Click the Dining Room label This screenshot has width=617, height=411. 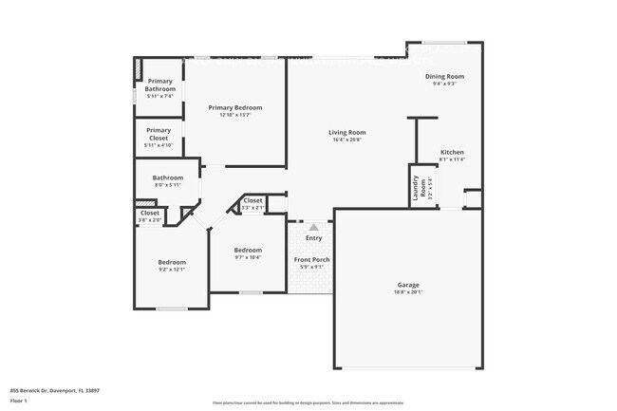pos(444,76)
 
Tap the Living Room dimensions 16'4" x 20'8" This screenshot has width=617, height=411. pos(346,140)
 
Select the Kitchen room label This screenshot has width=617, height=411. pos(452,152)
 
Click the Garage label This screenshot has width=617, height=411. pos(408,285)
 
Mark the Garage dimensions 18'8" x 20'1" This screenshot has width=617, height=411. pos(408,292)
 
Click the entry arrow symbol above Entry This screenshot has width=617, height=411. pos(314,228)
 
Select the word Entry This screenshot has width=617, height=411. pos(313,238)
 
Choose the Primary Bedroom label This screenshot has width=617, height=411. pos(235,108)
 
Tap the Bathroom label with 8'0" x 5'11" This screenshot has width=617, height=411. pos(167,177)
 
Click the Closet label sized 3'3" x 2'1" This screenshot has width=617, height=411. pos(253,200)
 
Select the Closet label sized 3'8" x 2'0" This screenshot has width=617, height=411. pos(150,214)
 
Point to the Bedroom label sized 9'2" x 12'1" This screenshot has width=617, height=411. pos(172,262)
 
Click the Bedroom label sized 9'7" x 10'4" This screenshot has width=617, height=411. pos(247,250)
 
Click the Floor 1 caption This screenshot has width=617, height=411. pos(19,400)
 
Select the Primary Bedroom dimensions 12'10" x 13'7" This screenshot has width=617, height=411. pos(235,116)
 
